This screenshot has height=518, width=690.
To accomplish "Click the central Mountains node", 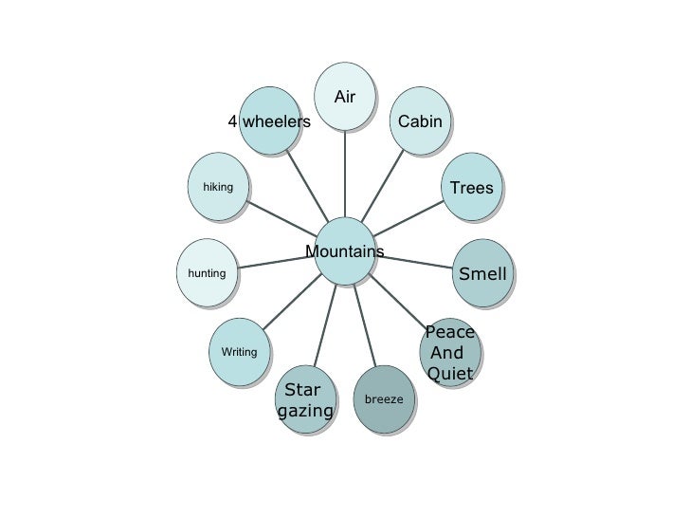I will pyautogui.click(x=344, y=250).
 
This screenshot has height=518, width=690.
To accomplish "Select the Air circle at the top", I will pyautogui.click(x=345, y=96).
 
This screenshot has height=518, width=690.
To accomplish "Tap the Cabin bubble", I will pyautogui.click(x=420, y=120).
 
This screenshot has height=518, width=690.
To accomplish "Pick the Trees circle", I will pyautogui.click(x=471, y=187).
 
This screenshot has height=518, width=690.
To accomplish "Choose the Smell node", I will pyautogui.click(x=482, y=274).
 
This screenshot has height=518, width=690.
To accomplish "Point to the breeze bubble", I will pyautogui.click(x=383, y=398).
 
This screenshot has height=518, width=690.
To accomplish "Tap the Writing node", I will pyautogui.click(x=239, y=352).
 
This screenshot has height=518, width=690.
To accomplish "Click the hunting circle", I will pyautogui.click(x=207, y=273).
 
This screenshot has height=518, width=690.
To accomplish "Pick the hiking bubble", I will pyautogui.click(x=218, y=187).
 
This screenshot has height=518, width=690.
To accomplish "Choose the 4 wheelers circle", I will pyautogui.click(x=270, y=120).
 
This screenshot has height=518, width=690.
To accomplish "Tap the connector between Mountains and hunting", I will pyautogui.click(x=275, y=262).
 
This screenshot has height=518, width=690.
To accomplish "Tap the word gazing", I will pyautogui.click(x=306, y=411).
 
